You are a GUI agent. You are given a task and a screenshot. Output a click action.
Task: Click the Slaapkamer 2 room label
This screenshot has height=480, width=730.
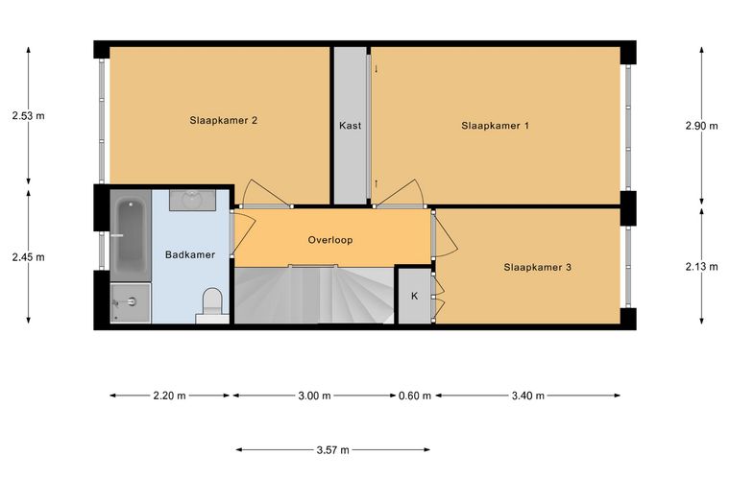224,120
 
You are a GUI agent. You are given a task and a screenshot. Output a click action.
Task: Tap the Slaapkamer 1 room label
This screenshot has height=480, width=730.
495,126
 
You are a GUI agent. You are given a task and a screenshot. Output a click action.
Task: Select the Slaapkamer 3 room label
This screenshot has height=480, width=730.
537,268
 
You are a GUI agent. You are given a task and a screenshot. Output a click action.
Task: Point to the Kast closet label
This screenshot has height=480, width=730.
350,126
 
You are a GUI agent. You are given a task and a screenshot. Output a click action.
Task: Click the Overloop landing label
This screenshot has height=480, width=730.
330,240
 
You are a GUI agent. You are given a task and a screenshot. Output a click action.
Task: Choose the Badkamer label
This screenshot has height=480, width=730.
190,255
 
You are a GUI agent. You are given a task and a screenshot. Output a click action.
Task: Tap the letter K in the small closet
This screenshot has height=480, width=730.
414,296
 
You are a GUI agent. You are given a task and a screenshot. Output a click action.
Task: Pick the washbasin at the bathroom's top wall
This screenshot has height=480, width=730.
192,200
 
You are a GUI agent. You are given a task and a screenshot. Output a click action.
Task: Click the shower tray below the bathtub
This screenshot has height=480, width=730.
131,302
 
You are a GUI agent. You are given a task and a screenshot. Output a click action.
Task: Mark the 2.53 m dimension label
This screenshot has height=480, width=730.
29,116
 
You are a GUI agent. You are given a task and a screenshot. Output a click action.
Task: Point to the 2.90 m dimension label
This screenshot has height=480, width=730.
701,126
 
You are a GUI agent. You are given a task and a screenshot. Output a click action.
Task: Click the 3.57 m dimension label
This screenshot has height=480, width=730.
333,450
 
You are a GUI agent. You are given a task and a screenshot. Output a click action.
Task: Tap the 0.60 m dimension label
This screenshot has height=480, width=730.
415,396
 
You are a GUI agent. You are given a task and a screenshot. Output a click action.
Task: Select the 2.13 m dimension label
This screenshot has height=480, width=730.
701,267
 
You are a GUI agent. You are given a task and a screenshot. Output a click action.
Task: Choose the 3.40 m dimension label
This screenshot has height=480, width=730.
528,396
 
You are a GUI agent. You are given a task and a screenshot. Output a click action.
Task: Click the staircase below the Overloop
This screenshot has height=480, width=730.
314,295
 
